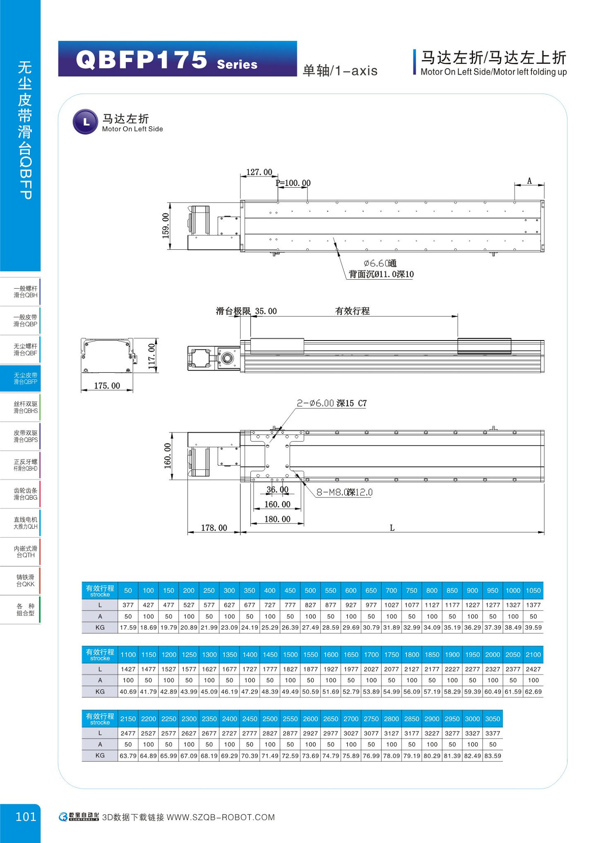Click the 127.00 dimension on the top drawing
click(259, 172)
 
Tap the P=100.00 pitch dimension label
click(293, 183)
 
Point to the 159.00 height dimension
click(166, 226)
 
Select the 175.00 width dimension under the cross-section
click(107, 386)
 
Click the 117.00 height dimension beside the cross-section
click(151, 356)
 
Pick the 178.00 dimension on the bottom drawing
click(214, 528)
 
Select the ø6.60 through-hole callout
click(380, 263)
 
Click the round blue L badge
click(86, 122)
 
